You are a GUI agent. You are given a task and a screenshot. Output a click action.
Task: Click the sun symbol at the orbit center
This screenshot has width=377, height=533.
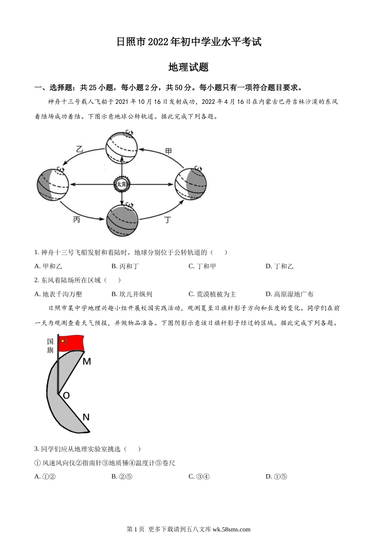click(x=122, y=184)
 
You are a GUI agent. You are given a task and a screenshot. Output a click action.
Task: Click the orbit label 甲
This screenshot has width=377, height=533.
click(x=169, y=151)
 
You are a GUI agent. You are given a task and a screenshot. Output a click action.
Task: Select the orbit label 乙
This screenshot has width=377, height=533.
click(x=79, y=149)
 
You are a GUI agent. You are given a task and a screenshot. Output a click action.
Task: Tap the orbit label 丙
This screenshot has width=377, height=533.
click(x=77, y=219)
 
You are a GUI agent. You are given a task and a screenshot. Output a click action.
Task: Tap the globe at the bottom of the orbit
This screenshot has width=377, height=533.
click(x=122, y=220)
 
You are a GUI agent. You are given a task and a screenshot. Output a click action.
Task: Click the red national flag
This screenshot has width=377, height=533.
click(x=71, y=343)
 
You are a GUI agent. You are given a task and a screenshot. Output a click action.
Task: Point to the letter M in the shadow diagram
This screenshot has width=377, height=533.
click(x=87, y=361)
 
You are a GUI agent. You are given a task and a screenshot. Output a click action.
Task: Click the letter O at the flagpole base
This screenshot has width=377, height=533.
click(x=66, y=395)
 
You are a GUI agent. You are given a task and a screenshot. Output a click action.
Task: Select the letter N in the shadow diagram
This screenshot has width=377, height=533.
click(x=86, y=417)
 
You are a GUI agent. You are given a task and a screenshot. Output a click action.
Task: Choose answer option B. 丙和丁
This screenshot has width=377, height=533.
click(x=125, y=266)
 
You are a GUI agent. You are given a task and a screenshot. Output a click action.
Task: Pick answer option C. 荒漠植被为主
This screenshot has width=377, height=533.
click(x=212, y=294)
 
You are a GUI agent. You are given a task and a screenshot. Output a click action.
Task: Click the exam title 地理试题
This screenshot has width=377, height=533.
click(x=188, y=67)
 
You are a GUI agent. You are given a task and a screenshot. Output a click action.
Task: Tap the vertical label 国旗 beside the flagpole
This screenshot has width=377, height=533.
click(x=50, y=345)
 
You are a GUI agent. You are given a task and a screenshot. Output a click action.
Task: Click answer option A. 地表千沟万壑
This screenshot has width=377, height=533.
click(x=58, y=294)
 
